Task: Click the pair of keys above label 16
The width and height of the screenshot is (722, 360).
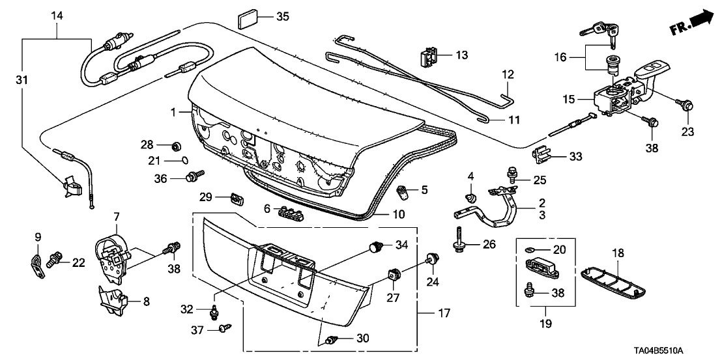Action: [600, 31]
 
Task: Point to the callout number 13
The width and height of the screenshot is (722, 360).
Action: [461, 55]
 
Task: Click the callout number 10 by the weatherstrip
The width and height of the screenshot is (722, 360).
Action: [398, 214]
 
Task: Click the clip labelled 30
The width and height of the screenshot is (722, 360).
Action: [332, 339]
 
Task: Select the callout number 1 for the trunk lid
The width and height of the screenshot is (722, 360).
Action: [174, 113]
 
